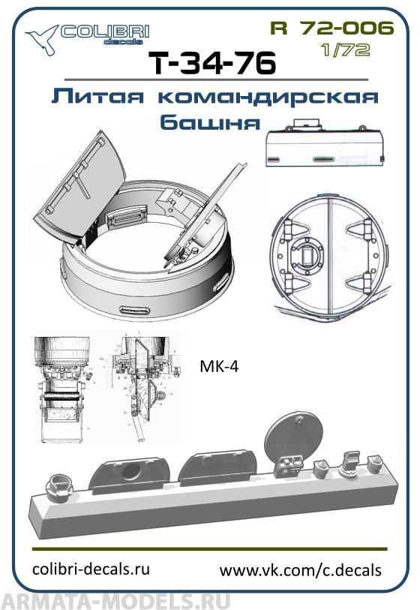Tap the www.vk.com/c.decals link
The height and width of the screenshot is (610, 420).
tap(300, 570)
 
